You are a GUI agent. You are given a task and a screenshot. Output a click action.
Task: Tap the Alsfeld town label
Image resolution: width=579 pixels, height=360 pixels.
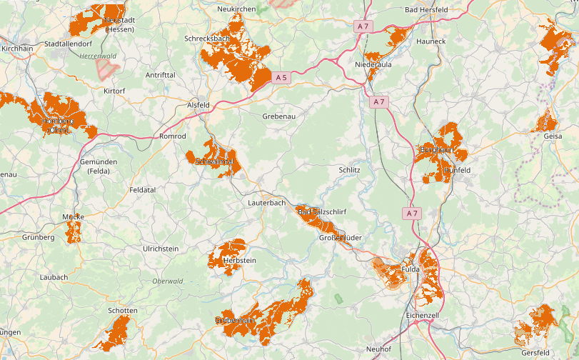point(198,105)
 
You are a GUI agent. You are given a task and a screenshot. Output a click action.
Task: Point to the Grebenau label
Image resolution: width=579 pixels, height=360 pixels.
point(278,116)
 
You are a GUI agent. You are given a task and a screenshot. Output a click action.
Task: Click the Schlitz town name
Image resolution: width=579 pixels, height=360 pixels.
point(349,170)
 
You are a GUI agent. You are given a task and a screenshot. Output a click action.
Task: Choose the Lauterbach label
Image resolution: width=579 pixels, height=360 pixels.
point(266,203)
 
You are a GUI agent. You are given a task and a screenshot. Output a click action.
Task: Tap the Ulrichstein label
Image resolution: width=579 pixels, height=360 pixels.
point(161,249)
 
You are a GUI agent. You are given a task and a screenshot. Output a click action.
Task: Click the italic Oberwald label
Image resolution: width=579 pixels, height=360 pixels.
point(168,281)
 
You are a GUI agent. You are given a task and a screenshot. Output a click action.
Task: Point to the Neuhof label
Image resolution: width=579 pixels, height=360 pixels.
point(378,349)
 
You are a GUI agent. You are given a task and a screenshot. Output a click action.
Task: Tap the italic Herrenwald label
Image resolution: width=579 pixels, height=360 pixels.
point(98,56)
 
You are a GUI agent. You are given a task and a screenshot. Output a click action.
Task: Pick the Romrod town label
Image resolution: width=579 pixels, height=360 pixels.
point(172,136)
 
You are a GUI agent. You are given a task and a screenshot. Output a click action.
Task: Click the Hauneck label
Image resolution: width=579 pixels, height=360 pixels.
point(431,41)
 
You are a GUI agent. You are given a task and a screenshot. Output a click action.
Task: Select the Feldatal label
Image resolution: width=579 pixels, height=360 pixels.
point(142,190)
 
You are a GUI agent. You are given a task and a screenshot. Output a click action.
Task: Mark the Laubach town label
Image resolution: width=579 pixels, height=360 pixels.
point(54,277)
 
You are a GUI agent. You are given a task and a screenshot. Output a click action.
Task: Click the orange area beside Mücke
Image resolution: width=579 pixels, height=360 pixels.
point(74,231)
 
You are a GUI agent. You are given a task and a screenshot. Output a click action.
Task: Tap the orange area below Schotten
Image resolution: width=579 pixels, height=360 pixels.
point(115,332)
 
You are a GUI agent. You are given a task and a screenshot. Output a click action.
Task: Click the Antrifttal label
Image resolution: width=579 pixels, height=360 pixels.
point(160,74)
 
